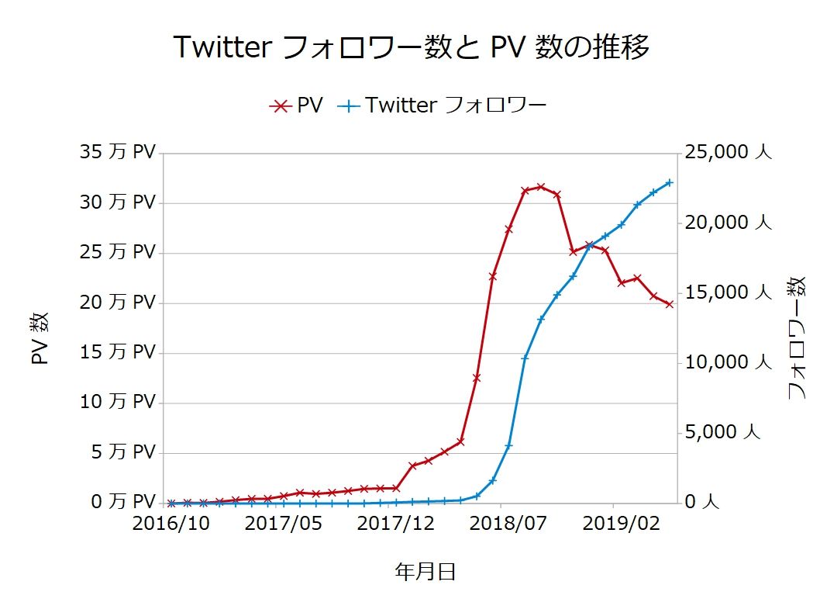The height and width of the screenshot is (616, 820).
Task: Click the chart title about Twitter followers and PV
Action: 410,48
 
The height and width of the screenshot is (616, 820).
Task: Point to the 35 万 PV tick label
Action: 118,152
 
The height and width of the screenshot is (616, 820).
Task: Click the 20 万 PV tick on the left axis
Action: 118,302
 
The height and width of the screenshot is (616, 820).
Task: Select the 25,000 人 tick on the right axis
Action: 728,152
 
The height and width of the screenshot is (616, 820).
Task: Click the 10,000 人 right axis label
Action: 728,362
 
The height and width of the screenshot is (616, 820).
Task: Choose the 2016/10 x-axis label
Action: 171,524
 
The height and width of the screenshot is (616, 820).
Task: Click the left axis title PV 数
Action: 40,339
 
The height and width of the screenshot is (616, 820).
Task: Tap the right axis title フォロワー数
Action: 797,338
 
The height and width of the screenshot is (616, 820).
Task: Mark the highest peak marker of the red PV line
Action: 541,187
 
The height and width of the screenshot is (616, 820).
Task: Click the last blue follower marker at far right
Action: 669,183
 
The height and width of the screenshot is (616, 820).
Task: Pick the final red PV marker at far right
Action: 669,304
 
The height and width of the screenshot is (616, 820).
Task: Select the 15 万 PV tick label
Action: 118,352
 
